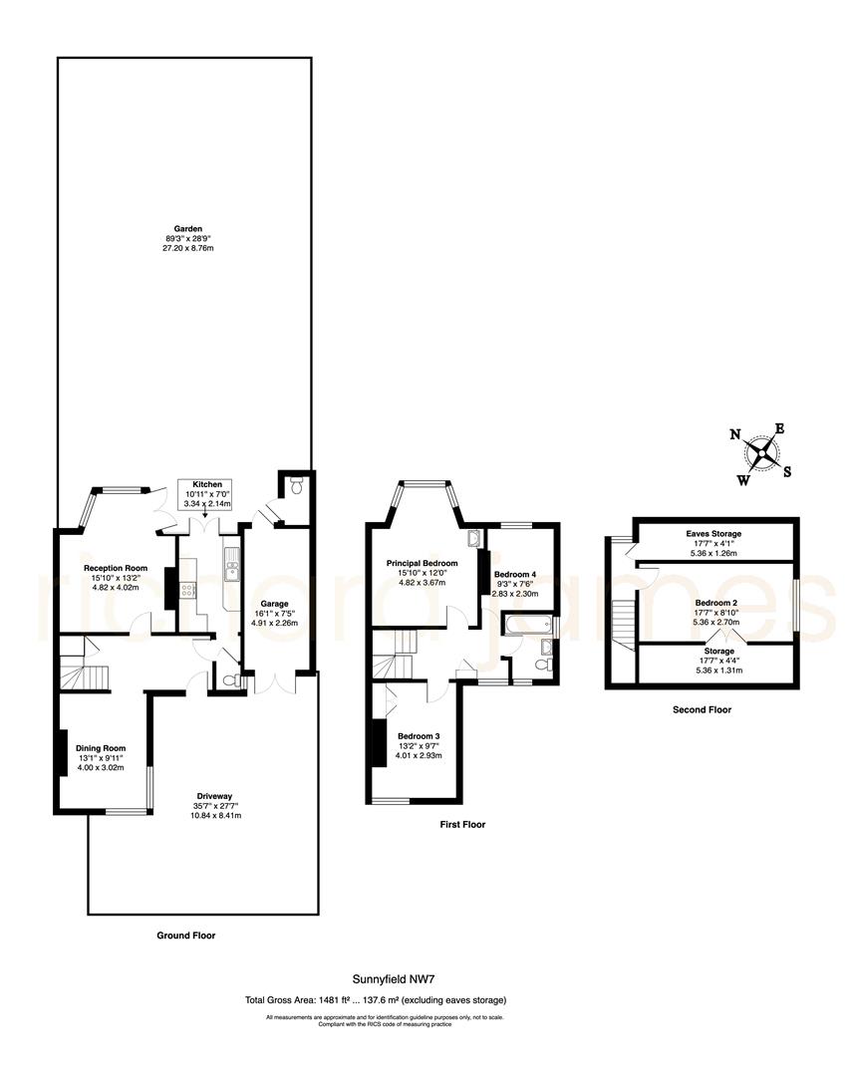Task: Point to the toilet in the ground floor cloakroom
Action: click(x=230, y=681)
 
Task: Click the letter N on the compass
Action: click(x=735, y=434)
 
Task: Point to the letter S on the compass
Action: click(x=787, y=472)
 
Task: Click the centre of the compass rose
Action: click(x=762, y=453)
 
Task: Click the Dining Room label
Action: click(x=102, y=747)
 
